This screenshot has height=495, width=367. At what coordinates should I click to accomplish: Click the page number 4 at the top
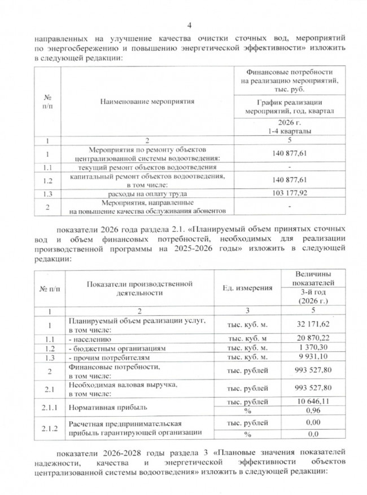[189, 25]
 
